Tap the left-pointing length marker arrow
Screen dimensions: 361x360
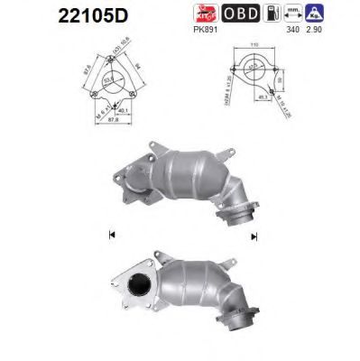click(x=110, y=236)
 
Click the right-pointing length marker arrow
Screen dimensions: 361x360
click(x=255, y=236)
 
